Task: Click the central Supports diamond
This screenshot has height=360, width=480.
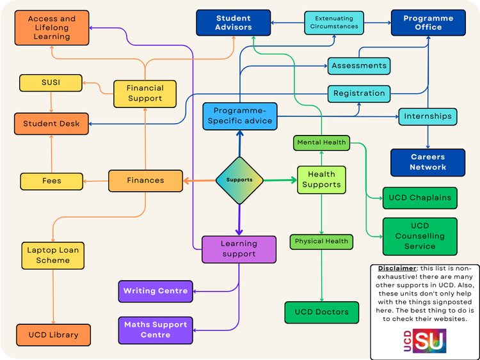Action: [239, 180]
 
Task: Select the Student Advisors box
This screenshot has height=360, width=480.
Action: [233, 22]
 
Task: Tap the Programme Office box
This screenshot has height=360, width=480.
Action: [428, 22]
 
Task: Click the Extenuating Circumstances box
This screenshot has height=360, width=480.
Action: [334, 22]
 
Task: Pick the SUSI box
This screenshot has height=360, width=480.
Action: [51, 82]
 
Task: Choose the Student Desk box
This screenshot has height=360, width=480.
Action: [51, 123]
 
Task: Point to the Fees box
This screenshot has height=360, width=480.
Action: [52, 181]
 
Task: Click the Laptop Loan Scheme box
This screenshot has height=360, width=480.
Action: [53, 255]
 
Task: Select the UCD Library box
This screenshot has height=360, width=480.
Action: [54, 335]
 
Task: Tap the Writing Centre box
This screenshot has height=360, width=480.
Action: [156, 291]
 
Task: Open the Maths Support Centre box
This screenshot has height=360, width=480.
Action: [156, 330]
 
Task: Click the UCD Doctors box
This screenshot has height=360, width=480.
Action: [322, 312]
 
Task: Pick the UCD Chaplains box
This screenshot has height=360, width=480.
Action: [420, 198]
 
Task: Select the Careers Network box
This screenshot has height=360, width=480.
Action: [428, 162]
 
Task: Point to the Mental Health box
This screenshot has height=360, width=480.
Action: [321, 143]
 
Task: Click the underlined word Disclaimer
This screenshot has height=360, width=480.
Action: [397, 268]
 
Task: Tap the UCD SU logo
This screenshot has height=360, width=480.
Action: [425, 341]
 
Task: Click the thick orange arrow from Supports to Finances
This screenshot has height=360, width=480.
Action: [199, 181]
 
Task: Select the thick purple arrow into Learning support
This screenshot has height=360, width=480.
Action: [239, 219]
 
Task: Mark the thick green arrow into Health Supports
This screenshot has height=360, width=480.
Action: [280, 180]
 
